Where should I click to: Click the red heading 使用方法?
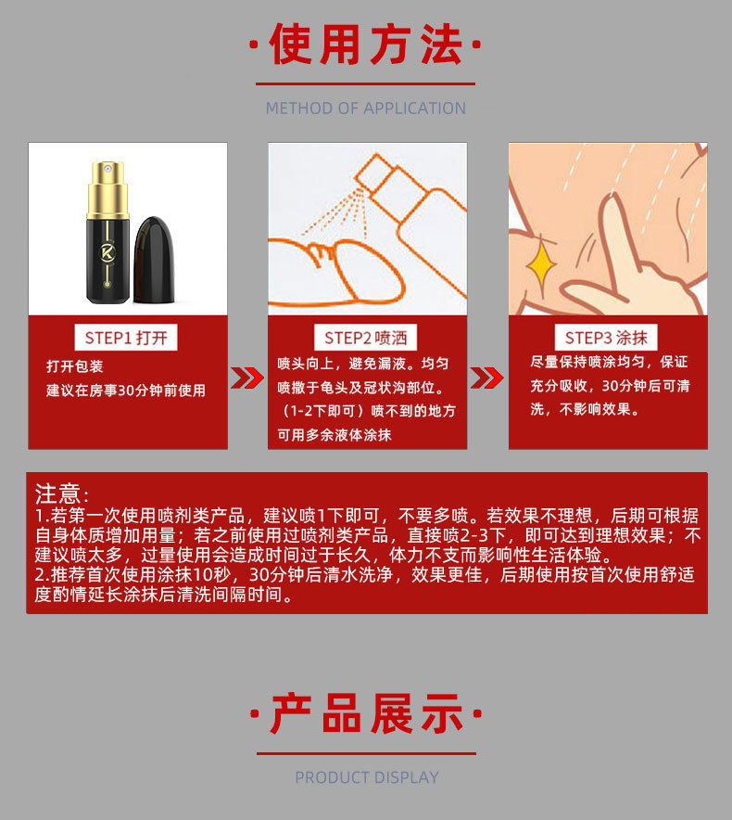366,45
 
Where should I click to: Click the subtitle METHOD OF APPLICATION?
366,109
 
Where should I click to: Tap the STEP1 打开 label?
126,338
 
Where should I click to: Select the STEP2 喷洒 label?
365,338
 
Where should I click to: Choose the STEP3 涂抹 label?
606,338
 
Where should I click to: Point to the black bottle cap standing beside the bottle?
154,260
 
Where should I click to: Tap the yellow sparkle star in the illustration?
542,264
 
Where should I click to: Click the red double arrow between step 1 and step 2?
247,378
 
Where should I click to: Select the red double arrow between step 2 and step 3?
487,378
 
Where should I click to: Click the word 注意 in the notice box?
58,493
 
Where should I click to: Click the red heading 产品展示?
366,714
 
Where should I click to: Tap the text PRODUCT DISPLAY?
367,777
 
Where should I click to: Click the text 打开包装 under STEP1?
75,366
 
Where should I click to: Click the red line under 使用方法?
365,83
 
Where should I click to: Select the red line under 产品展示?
366,753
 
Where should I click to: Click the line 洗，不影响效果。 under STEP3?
586,409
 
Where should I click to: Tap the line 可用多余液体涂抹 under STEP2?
334,434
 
